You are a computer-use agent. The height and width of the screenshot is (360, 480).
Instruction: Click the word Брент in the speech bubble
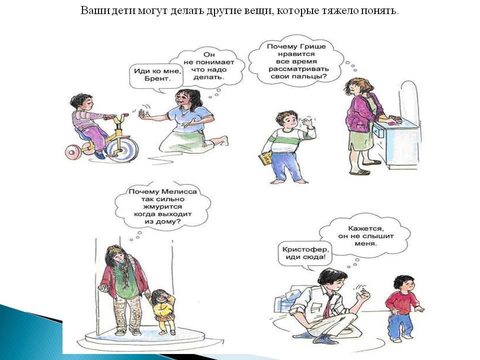click(x=156, y=78)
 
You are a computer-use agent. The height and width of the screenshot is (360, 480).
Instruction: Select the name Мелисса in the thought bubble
click(x=179, y=191)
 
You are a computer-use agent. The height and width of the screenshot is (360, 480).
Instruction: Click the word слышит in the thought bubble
click(x=378, y=236)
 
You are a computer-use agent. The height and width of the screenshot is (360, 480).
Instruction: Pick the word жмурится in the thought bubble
click(x=162, y=206)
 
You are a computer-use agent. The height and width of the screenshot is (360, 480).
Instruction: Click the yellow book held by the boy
click(x=264, y=158)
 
